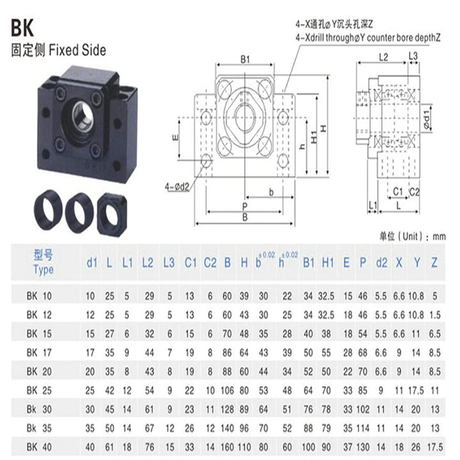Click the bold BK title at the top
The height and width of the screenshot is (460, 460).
coord(24,29)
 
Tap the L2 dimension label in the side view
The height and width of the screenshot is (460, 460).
coord(383,57)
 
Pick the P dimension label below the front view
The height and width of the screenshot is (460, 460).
coord(244,206)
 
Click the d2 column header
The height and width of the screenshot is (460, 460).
coord(381,262)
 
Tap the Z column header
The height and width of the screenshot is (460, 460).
coord(434,262)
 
